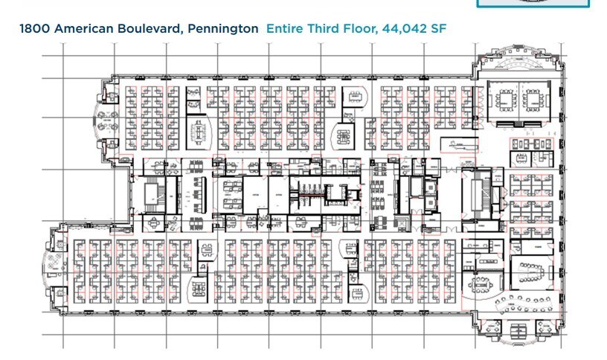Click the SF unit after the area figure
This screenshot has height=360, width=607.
coord(439,29)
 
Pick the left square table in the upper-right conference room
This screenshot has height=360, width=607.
coord(510,97)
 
